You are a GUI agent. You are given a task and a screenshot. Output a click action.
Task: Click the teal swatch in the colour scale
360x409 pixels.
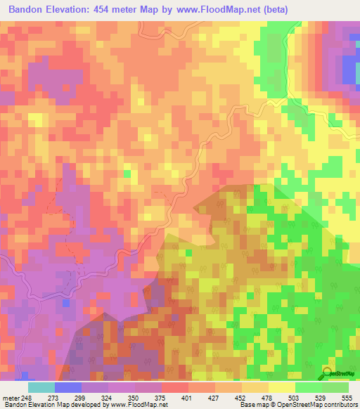point(41,387)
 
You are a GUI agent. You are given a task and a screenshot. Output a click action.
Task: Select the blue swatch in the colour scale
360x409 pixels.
point(68,387)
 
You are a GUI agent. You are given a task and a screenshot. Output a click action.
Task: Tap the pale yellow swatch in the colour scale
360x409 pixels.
point(281,387)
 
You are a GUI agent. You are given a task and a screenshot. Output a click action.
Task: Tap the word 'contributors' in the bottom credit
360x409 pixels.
point(337,405)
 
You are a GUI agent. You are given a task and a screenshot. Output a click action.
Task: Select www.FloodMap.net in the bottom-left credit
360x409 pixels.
point(134,405)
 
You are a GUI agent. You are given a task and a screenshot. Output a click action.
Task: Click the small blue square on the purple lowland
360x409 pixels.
point(66,302)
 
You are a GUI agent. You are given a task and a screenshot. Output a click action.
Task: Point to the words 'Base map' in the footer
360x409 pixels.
point(253,405)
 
